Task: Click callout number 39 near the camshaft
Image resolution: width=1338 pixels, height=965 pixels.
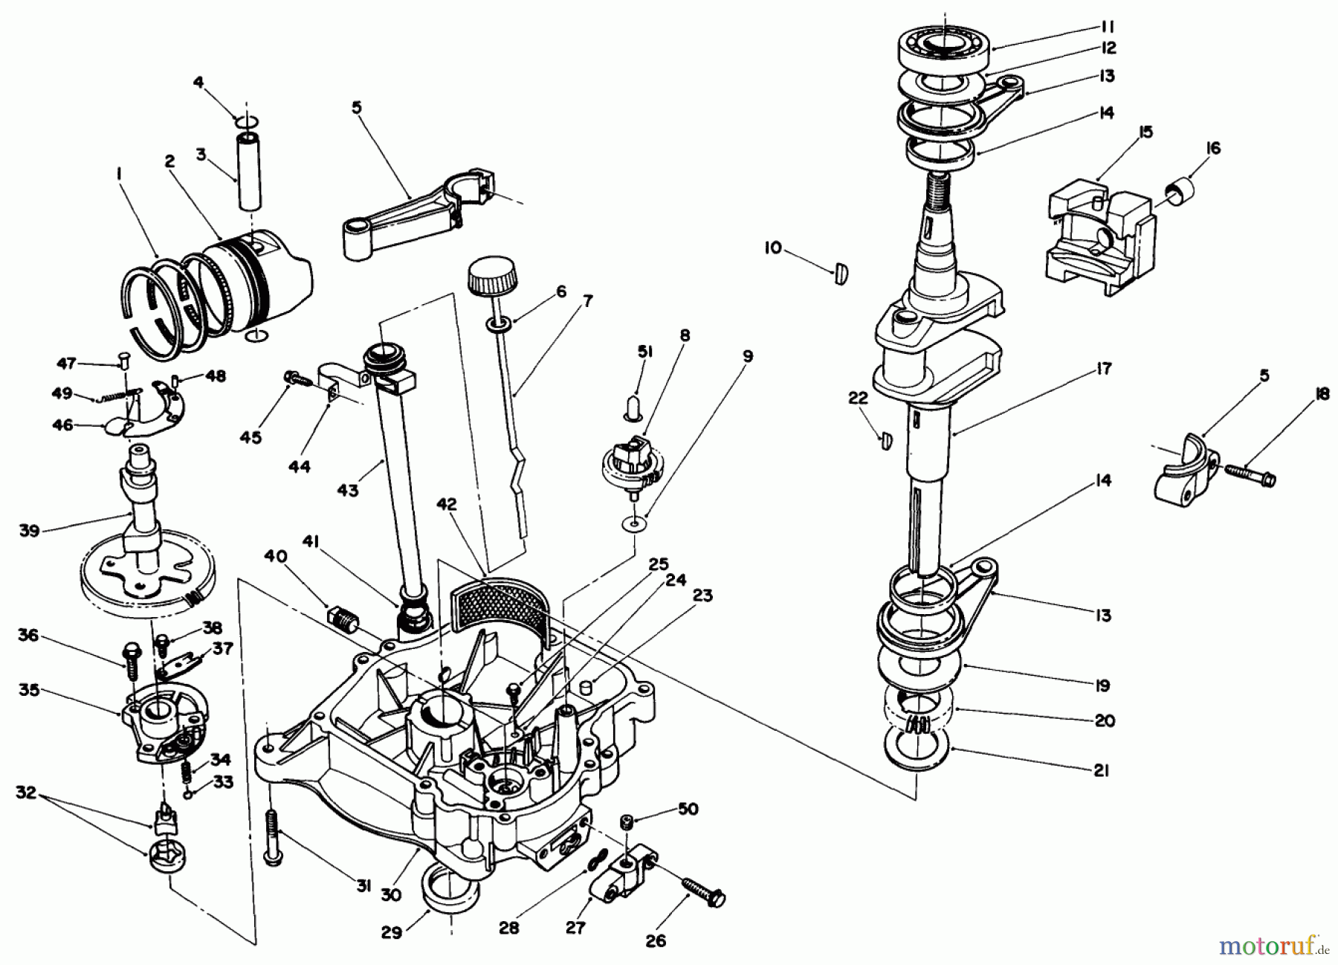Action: (x=29, y=531)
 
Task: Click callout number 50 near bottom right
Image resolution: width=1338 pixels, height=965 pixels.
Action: (x=688, y=809)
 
